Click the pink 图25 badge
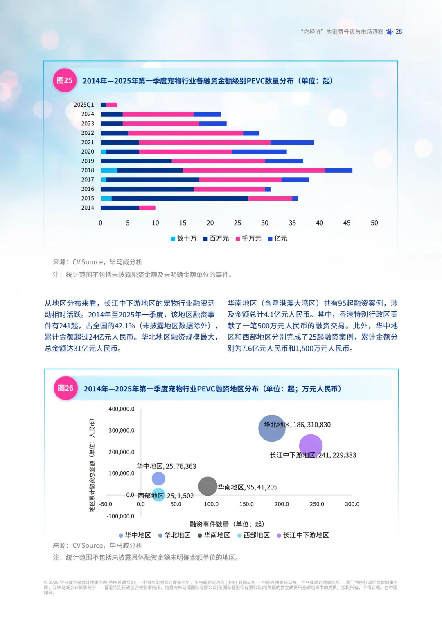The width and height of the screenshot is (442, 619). click(65, 80)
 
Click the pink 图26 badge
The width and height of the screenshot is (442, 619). click(65, 388)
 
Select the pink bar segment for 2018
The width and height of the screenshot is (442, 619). click(254, 170)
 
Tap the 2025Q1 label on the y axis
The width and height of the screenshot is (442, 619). click(84, 105)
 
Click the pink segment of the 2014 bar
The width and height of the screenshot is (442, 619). click(147, 208)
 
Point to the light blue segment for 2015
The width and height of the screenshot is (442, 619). click(106, 198)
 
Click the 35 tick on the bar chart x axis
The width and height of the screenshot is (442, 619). click(292, 223)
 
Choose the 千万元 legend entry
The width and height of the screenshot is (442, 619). click(248, 239)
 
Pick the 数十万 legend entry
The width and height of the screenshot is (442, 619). click(183, 239)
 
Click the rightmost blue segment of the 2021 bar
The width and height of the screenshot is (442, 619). click(292, 142)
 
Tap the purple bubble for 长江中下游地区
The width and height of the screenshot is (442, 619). click(311, 446)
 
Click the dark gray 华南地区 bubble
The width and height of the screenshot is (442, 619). click(207, 486)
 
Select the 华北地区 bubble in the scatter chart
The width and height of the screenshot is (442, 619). click(272, 428)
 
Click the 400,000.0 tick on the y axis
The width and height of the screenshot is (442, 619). click(121, 409)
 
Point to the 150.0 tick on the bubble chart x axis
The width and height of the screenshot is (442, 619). click(246, 504)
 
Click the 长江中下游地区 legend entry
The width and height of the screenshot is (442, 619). click(303, 535)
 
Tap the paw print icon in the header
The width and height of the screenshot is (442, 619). click(389, 31)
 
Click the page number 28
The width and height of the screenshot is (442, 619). click(399, 31)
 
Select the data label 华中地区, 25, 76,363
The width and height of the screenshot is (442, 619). click(166, 466)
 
